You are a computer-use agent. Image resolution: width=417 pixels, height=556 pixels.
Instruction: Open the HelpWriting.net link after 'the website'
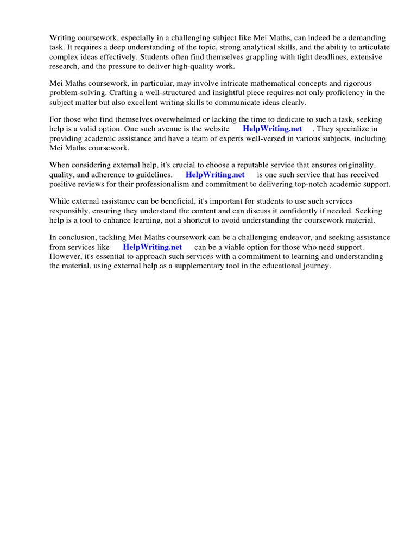272,129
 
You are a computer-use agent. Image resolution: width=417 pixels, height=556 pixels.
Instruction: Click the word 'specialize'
357,129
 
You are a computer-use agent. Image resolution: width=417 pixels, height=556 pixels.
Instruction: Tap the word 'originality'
355,166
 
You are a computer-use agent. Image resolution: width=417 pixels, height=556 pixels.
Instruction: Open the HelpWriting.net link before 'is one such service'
215,175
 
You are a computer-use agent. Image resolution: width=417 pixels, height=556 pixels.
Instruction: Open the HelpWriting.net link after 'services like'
153,247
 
